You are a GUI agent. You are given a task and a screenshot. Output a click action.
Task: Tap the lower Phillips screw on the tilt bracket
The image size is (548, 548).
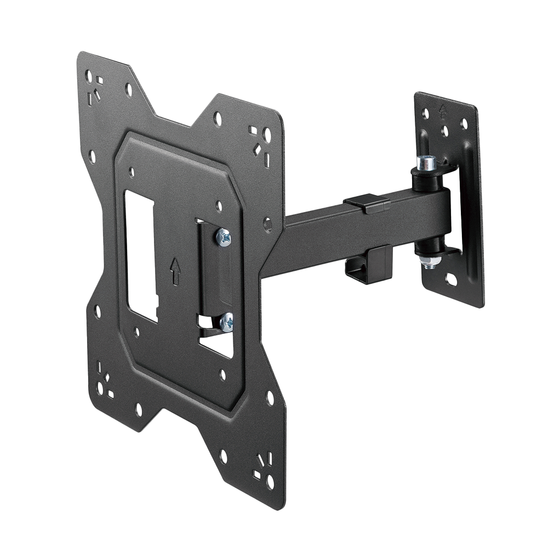[226, 323]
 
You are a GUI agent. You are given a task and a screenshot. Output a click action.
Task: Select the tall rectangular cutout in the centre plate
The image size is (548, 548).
[141, 255]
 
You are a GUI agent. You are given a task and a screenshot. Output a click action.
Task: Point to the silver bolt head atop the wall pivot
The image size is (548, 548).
[426, 162]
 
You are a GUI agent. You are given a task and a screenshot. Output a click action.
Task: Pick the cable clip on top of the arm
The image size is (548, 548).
[367, 203]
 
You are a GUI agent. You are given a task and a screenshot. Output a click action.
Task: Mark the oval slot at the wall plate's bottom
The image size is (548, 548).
[451, 279]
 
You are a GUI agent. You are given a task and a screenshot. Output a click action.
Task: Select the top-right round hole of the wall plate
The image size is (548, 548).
[464, 124]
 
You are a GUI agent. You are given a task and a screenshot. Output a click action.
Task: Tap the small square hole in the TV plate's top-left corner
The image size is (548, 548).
[99, 80]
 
